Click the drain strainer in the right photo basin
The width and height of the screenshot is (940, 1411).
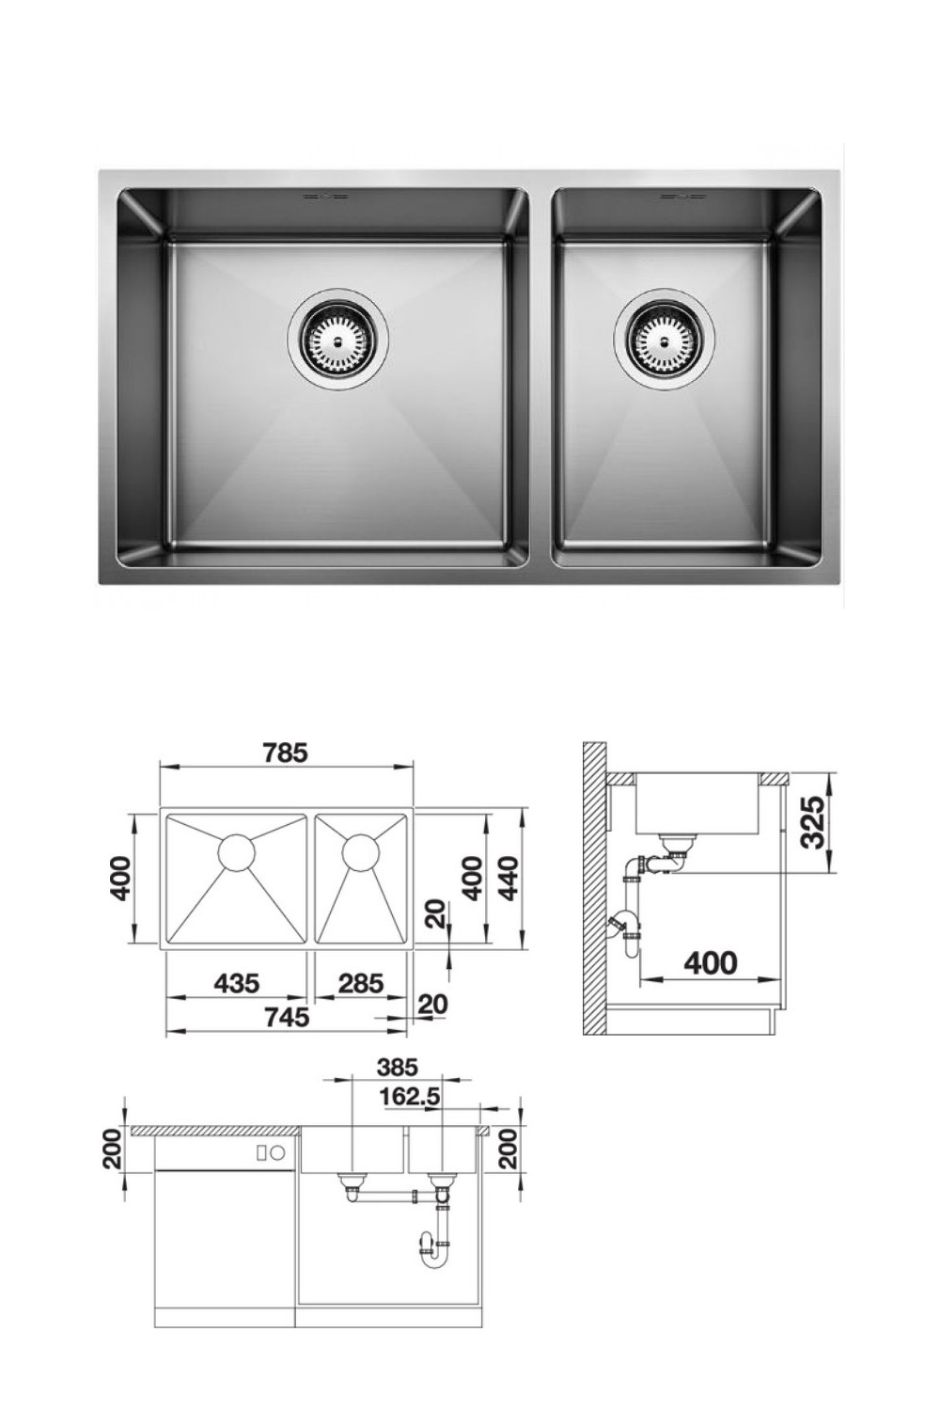tap(664, 337)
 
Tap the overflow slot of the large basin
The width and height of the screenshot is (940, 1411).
tap(321, 197)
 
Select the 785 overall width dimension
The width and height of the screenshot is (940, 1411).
tap(285, 753)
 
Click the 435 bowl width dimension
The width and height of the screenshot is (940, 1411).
tap(236, 983)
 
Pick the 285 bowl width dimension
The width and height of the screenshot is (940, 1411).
tap(361, 983)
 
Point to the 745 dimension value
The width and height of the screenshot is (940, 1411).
tap(287, 1017)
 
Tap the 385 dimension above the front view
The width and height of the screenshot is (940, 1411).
tap(397, 1068)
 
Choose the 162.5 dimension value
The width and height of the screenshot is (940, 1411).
tap(410, 1097)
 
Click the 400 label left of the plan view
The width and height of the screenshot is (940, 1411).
tap(119, 878)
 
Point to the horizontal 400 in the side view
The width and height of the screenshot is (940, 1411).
tap(711, 963)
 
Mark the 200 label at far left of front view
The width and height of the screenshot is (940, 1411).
tap(112, 1149)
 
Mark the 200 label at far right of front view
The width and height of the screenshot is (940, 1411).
tap(509, 1149)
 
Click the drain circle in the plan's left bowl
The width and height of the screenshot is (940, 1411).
tap(236, 852)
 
